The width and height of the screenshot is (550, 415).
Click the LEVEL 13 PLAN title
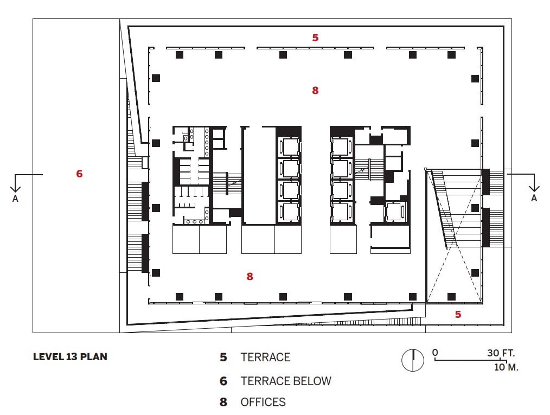pos(70,357)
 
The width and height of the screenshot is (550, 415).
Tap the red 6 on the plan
pos(80,174)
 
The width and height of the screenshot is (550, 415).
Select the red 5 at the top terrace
pos(315,37)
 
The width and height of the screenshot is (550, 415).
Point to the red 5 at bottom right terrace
pos(458,314)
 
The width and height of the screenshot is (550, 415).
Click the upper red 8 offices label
pos(315,91)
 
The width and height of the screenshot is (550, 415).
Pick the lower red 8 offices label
pos(250,277)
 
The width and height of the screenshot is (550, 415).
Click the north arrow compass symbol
pos(413,360)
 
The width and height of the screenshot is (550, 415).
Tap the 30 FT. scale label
pos(501,353)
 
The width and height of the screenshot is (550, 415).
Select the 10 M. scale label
pos(506,367)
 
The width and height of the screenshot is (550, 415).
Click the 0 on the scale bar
pos(435,353)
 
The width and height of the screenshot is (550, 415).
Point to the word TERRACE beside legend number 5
pos(266,357)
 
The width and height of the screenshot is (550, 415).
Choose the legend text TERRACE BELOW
pos(286,381)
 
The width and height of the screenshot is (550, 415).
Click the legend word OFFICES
pos(263,402)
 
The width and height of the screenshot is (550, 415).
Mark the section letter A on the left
pos(15,199)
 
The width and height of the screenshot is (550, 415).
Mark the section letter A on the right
pos(534,198)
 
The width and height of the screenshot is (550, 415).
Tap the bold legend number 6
pos(223,381)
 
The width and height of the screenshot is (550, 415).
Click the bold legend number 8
pos(223,402)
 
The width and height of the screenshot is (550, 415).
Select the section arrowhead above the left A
pos(15,189)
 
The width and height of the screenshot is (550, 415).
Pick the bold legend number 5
pos(223,357)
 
